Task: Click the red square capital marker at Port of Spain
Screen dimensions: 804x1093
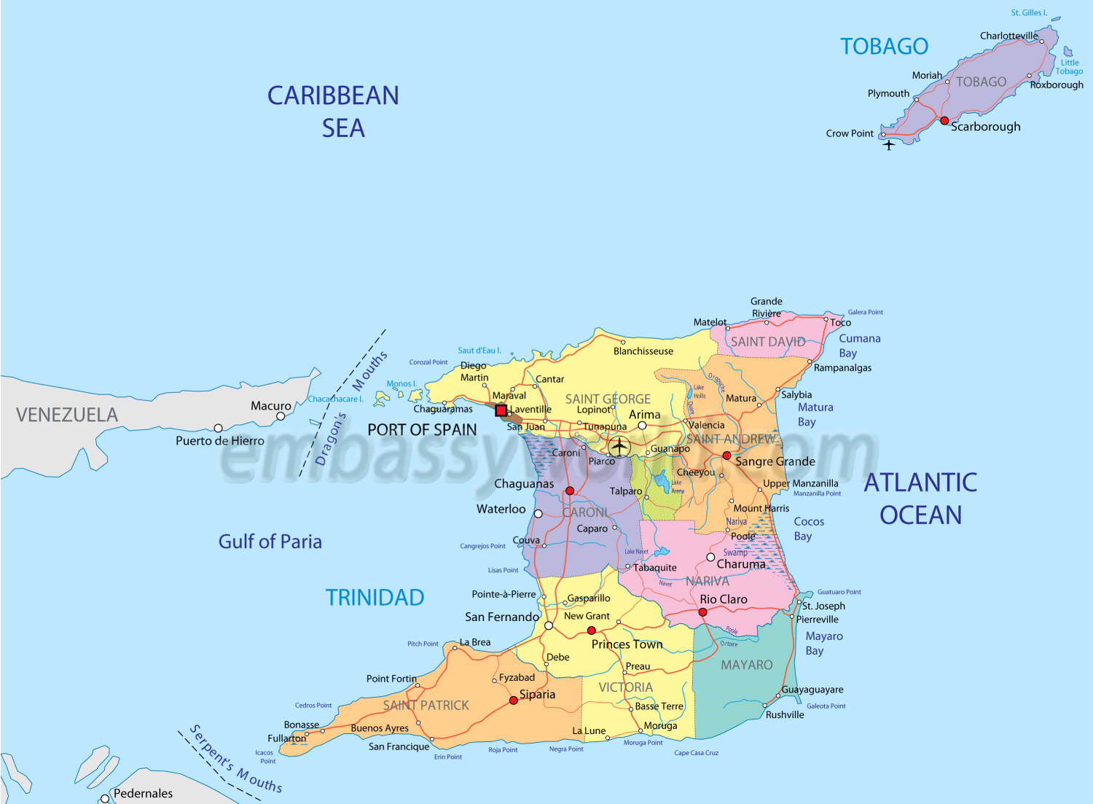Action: point(501,411)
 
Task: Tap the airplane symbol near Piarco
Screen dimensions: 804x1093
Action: point(619,446)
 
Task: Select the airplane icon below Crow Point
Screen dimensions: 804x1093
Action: point(889,144)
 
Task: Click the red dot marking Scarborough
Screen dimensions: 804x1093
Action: point(944,121)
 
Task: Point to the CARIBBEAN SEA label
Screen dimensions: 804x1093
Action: point(334,112)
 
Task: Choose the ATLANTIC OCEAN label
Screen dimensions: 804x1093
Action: point(920,499)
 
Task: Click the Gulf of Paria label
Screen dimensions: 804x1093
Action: point(270,542)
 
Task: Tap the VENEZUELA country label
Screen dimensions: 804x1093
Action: point(67,415)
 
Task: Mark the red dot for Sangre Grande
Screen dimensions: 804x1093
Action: point(726,456)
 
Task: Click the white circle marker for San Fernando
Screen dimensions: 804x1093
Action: point(549,625)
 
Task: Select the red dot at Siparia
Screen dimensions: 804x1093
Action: point(514,700)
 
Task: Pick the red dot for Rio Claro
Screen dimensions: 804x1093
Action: point(702,612)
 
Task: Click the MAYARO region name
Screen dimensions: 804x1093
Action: point(746,665)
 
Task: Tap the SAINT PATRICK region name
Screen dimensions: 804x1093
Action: point(426,705)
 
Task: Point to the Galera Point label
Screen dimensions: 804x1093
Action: point(865,312)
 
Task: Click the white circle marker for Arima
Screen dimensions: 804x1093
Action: point(642,425)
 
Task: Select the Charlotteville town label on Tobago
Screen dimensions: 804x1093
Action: point(1008,36)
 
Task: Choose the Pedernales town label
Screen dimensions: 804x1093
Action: point(143,793)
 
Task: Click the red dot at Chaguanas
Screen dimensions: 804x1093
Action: point(570,491)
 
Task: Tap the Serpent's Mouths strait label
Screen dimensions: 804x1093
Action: point(235,759)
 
